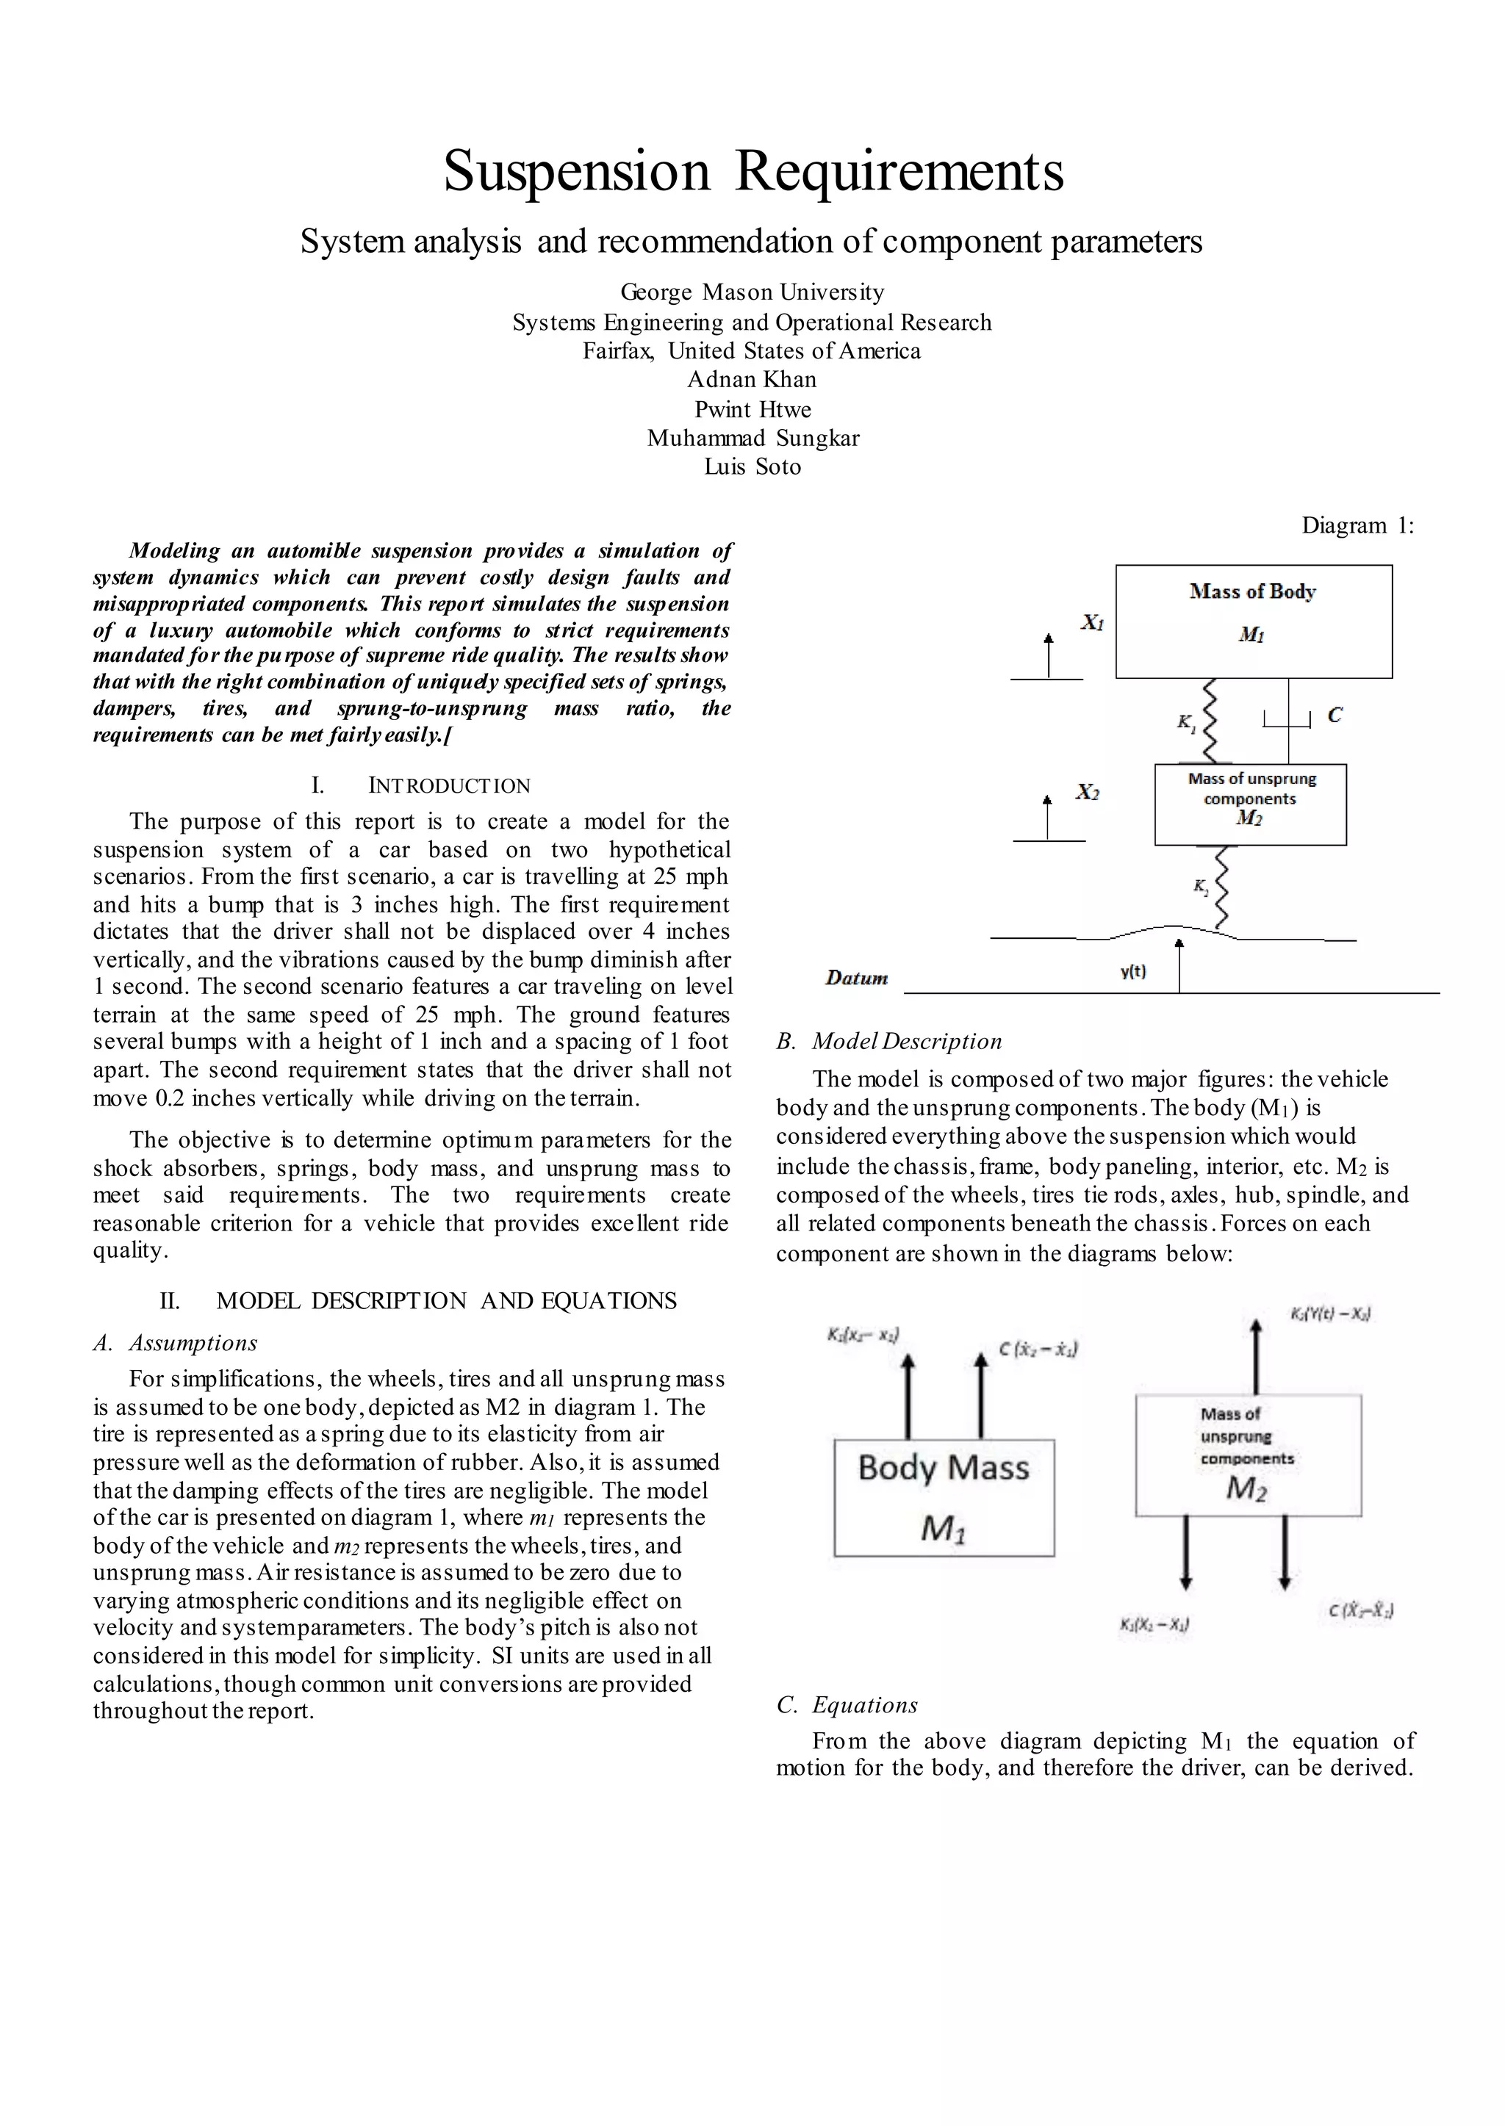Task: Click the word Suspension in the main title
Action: click(x=576, y=173)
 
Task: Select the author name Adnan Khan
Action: click(x=752, y=380)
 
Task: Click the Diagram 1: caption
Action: click(x=1357, y=525)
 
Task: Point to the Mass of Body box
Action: click(x=1253, y=621)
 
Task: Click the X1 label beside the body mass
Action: click(x=1092, y=622)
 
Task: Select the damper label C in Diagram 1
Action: click(x=1335, y=715)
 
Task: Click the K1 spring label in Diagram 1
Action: click(x=1186, y=723)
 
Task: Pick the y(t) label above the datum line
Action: click(x=1132, y=972)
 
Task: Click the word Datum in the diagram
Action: click(x=856, y=979)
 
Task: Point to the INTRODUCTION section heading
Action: click(x=448, y=787)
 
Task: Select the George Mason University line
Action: click(x=752, y=292)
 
